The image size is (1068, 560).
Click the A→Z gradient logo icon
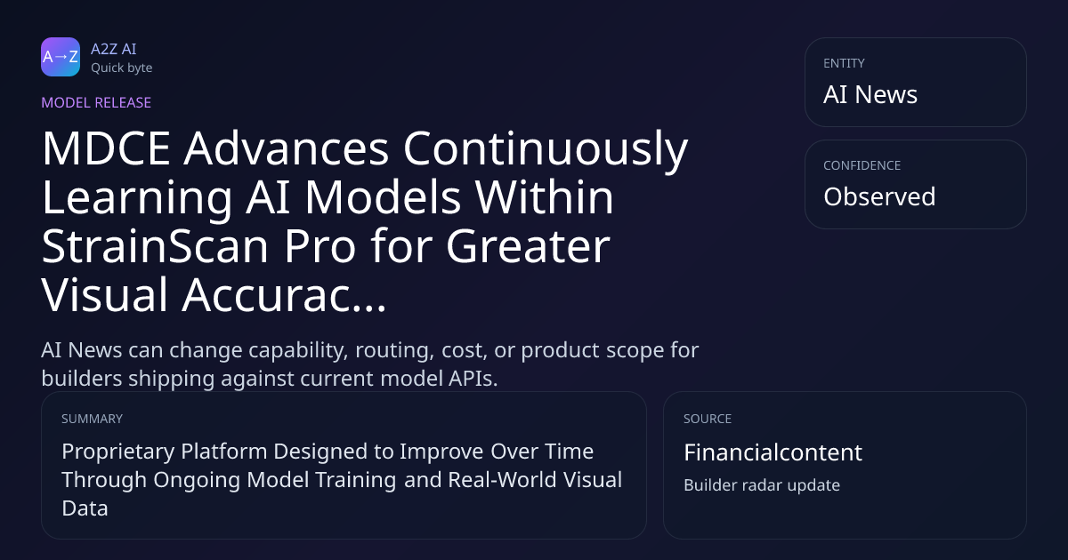point(61,57)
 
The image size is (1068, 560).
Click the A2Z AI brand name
point(114,49)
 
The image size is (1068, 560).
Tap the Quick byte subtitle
point(122,68)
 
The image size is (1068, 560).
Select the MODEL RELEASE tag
point(96,102)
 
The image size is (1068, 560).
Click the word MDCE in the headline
point(106,148)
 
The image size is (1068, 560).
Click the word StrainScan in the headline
point(156,246)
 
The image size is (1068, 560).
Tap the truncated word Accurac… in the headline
point(284,295)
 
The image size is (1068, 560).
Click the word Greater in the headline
point(529,246)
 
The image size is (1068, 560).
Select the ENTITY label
point(844,63)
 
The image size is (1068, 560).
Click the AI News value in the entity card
point(870,94)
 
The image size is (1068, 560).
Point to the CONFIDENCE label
point(862,165)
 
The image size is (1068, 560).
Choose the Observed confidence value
point(879,196)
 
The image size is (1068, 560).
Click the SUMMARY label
point(92,419)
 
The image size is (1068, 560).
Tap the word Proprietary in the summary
point(117,452)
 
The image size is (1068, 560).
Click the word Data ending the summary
point(85,508)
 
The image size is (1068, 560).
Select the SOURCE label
point(708,419)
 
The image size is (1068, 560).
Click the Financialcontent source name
point(773,452)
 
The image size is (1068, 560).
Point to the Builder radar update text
point(762,485)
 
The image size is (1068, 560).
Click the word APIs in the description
point(473,379)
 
